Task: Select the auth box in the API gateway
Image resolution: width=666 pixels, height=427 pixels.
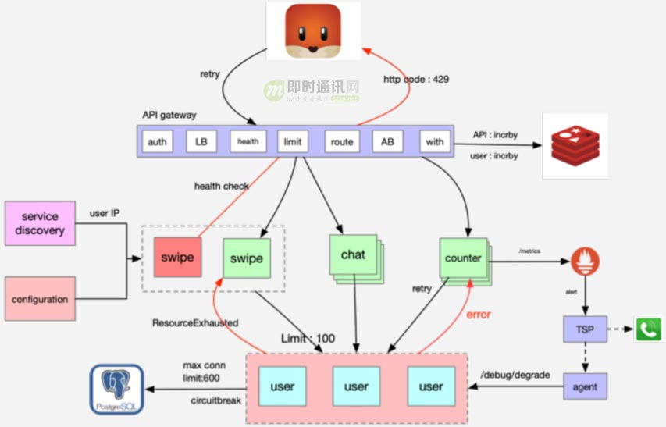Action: pyautogui.click(x=157, y=142)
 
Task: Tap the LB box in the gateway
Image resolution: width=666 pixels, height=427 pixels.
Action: pyautogui.click(x=201, y=142)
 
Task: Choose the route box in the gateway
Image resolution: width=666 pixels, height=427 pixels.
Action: pyautogui.click(x=341, y=142)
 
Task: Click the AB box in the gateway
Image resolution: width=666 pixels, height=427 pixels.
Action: pyautogui.click(x=387, y=142)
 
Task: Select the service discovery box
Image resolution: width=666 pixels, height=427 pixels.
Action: pyautogui.click(x=40, y=223)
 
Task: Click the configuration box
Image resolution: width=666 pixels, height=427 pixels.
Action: pyautogui.click(x=40, y=299)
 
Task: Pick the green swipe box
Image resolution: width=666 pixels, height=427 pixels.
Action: pyautogui.click(x=246, y=258)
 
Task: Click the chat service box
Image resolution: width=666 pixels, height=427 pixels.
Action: pyautogui.click(x=353, y=255)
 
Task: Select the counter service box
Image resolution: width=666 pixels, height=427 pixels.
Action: pyautogui.click(x=463, y=258)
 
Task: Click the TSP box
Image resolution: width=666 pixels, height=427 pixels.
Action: pyautogui.click(x=584, y=329)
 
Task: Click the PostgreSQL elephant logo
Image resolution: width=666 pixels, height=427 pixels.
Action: pyautogui.click(x=116, y=387)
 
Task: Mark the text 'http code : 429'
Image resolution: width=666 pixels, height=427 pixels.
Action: pyautogui.click(x=415, y=79)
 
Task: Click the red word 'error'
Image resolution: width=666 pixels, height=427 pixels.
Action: pyautogui.click(x=479, y=315)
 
